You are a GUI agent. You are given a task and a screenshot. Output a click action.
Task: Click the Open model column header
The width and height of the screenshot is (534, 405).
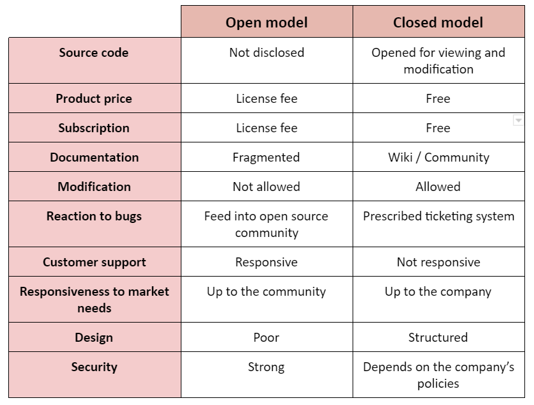[x=266, y=22]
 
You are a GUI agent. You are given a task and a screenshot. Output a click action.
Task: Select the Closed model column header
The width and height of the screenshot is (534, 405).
[x=438, y=22]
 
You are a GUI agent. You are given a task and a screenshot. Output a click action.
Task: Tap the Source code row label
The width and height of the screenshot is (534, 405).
[x=94, y=52]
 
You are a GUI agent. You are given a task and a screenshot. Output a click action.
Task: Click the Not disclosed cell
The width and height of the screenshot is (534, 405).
[x=266, y=52]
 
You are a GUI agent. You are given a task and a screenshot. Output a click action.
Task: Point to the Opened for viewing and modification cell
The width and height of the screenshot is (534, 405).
[x=438, y=61]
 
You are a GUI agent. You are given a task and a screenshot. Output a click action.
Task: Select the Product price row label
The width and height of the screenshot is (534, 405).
[x=94, y=98]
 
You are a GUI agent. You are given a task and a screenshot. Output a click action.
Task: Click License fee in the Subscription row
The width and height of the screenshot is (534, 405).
[x=266, y=128]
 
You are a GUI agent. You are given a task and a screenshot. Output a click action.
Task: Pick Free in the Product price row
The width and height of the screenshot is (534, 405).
[x=438, y=98]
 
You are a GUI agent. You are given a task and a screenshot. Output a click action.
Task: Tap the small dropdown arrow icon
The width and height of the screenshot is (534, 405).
[x=518, y=120]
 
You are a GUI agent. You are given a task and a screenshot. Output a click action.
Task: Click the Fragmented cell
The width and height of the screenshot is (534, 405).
[x=266, y=157]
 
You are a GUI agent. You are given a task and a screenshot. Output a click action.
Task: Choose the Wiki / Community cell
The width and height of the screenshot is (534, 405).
[x=439, y=157]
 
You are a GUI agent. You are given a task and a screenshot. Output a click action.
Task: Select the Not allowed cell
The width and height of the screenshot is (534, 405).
[x=266, y=187]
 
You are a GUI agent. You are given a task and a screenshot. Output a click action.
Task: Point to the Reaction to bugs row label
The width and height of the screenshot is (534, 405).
[x=94, y=217]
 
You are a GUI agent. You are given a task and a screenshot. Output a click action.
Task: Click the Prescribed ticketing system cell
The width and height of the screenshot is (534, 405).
[x=439, y=217]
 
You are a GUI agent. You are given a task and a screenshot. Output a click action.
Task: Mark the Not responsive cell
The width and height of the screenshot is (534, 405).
[x=439, y=262]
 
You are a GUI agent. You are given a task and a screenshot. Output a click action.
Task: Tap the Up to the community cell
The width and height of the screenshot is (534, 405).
[x=266, y=291]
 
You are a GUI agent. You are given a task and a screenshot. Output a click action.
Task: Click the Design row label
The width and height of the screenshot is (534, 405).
[x=94, y=337]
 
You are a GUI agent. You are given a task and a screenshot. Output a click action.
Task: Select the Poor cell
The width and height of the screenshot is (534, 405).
[x=266, y=337]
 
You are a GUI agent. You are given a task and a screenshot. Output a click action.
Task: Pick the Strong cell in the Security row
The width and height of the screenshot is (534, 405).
[x=266, y=367]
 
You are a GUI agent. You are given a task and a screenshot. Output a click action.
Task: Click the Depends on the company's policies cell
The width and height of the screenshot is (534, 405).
[x=439, y=375]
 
